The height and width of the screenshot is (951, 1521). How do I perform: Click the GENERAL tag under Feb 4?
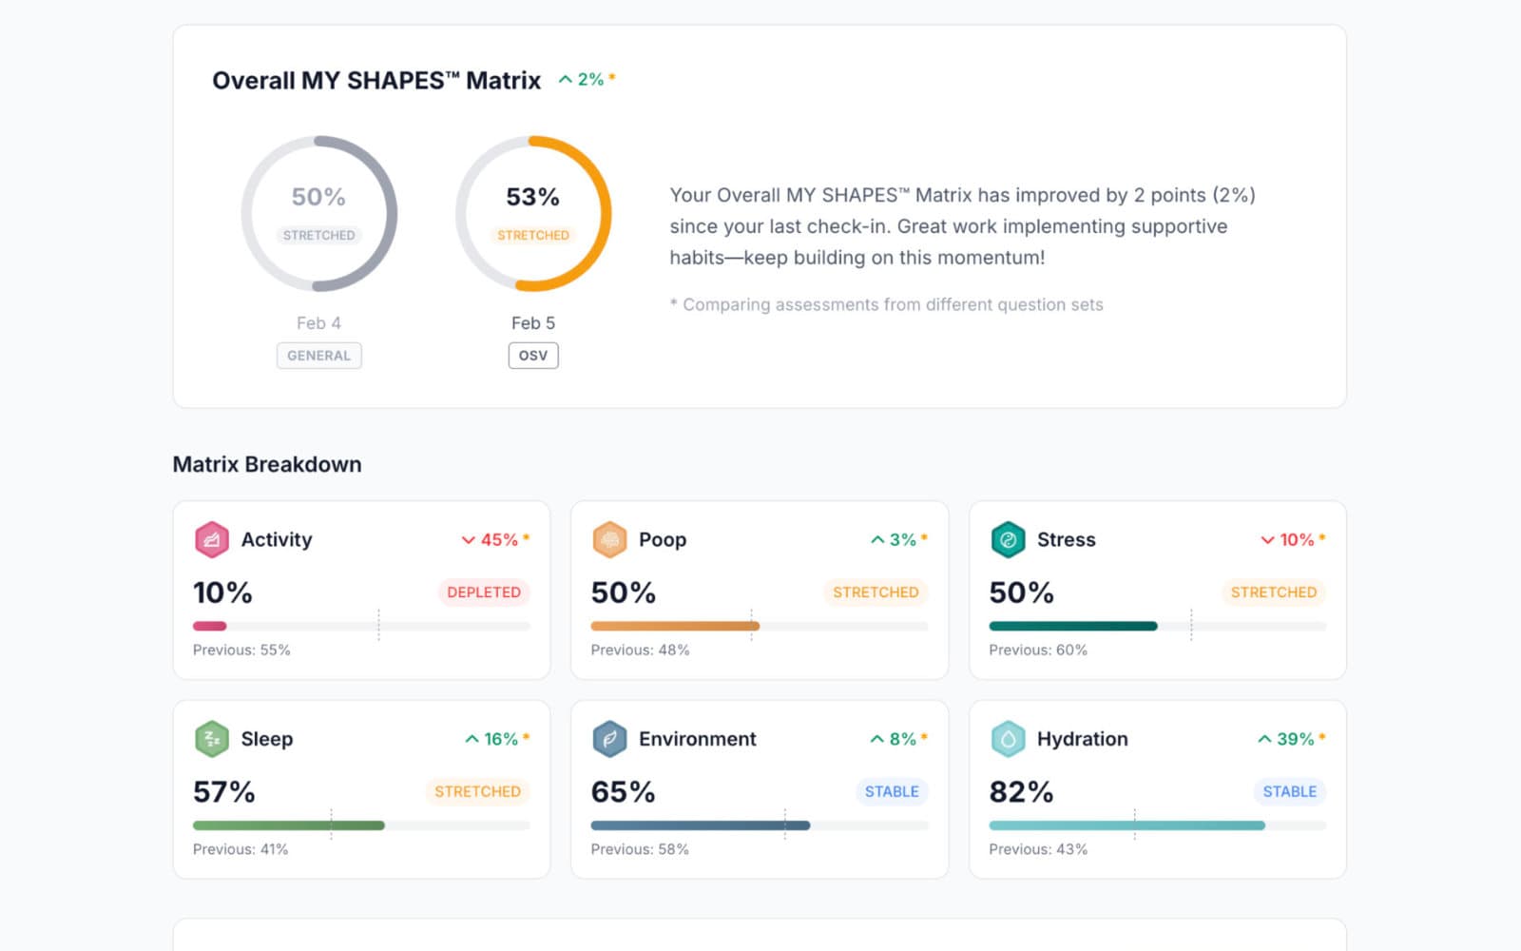pyautogui.click(x=318, y=356)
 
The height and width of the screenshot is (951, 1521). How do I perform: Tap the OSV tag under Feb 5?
pyautogui.click(x=533, y=356)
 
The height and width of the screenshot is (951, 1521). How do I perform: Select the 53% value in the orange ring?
pyautogui.click(x=532, y=197)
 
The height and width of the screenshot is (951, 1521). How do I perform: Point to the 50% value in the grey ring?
pyautogui.click(x=318, y=197)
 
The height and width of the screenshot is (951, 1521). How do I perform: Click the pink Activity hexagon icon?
pyautogui.click(x=211, y=539)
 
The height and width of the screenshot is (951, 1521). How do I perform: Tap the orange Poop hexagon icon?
pyautogui.click(x=609, y=539)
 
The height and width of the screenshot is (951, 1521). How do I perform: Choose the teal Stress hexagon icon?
pyautogui.click(x=1008, y=539)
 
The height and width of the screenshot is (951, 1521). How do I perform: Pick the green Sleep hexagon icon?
pyautogui.click(x=211, y=739)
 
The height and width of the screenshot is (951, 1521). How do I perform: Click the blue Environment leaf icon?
pyautogui.click(x=609, y=739)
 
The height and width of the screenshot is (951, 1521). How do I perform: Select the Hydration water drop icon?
pyautogui.click(x=1008, y=739)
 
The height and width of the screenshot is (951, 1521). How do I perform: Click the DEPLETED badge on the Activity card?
pyautogui.click(x=484, y=592)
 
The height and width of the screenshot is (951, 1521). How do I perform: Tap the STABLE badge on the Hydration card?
pyautogui.click(x=1289, y=791)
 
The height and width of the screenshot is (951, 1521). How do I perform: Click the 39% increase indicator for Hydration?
pyautogui.click(x=1291, y=739)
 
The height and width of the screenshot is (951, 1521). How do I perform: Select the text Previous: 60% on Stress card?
pyautogui.click(x=1038, y=650)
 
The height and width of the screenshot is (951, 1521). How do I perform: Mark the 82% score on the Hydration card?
pyautogui.click(x=1021, y=791)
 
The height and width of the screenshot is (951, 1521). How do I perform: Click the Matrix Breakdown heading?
pyautogui.click(x=267, y=464)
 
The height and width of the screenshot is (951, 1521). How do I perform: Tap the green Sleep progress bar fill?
pyautogui.click(x=288, y=825)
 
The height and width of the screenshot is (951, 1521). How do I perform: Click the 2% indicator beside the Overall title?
pyautogui.click(x=587, y=80)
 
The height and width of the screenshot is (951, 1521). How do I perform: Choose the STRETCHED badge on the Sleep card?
pyautogui.click(x=477, y=791)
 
